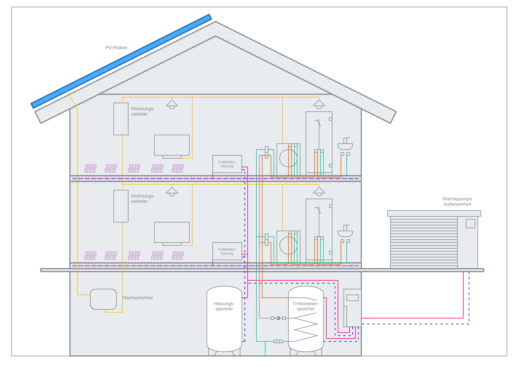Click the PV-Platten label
tap(116, 48)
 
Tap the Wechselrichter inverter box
tap(103, 299)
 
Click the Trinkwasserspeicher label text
tap(306, 306)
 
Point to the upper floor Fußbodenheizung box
tap(227, 164)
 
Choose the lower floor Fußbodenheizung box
tap(227, 251)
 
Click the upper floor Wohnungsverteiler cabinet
tap(121, 119)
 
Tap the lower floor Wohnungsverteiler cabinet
tap(121, 206)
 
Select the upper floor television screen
tap(172, 145)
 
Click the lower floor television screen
tap(172, 232)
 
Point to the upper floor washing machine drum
tap(288, 158)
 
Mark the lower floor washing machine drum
tap(288, 245)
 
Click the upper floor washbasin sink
tap(345, 146)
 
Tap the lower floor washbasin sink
tap(345, 233)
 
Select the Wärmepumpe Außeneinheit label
tap(457, 202)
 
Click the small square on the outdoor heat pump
tap(470, 223)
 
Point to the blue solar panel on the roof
tap(121, 61)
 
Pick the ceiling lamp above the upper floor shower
tap(319, 104)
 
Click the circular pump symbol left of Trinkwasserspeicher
tap(278, 318)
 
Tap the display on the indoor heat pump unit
tap(353, 298)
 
